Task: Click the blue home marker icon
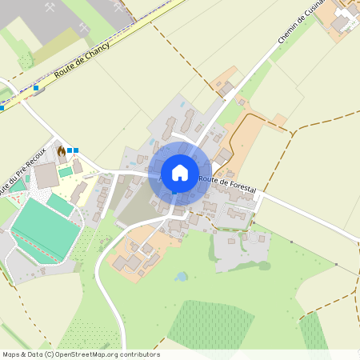point(179,173)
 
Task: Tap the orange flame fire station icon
point(61,150)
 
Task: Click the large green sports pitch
point(44,229)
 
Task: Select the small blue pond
point(182,277)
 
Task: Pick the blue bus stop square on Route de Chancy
point(36,88)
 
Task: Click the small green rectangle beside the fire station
point(65,172)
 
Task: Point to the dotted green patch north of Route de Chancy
point(26,59)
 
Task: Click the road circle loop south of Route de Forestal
point(255,238)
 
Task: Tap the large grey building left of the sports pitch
point(46,174)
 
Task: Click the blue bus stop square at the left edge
point(2,106)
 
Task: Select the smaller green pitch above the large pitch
point(60,203)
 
